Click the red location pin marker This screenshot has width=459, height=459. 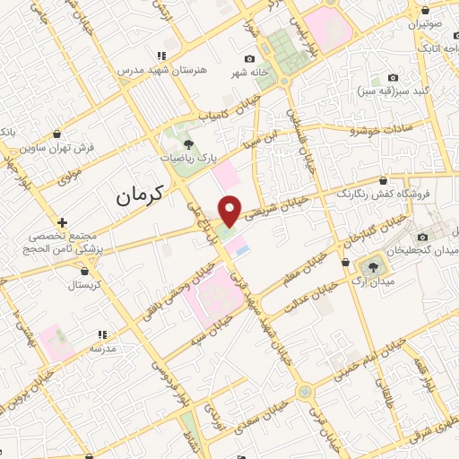pyautogui.click(x=231, y=210)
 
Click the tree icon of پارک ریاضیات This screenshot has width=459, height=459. pyautogui.click(x=188, y=143)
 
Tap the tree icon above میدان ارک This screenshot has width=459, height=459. pyautogui.click(x=371, y=267)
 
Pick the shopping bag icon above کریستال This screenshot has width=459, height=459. pyautogui.click(x=85, y=269)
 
